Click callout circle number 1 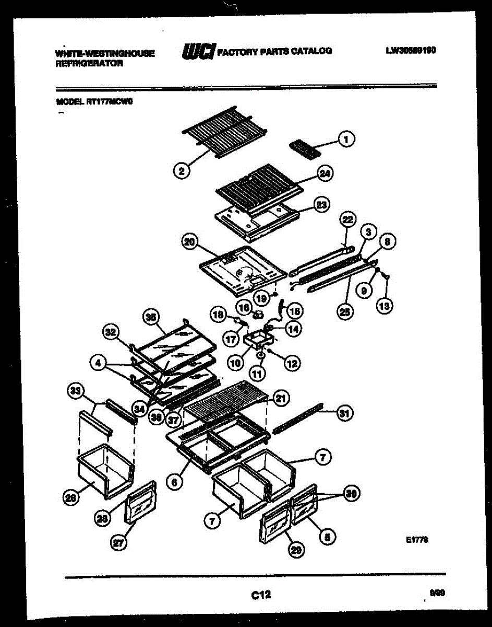click(x=345, y=138)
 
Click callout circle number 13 click(x=385, y=305)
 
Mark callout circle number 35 click(x=150, y=317)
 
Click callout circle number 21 click(x=281, y=399)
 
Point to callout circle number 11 click(x=258, y=373)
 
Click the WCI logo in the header click(x=198, y=51)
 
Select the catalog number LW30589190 click(x=411, y=51)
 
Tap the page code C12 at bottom click(x=261, y=594)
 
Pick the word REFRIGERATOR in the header click(x=89, y=64)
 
